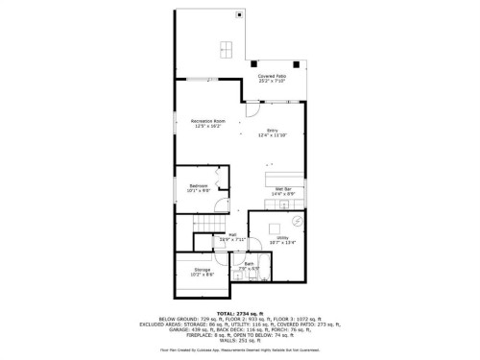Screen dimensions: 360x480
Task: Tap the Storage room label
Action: click(x=202, y=272)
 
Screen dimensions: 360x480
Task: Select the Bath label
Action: click(x=248, y=266)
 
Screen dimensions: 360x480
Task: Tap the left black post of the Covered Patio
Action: click(x=255, y=63)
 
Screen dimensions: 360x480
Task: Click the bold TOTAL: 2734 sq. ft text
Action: click(x=240, y=313)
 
